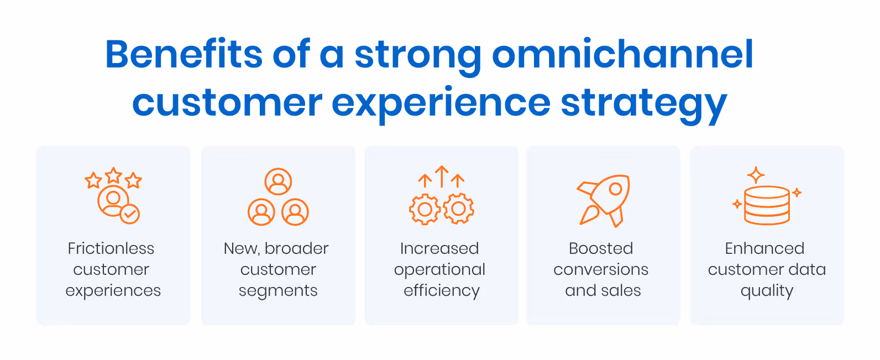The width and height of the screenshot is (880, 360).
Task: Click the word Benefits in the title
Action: click(x=184, y=54)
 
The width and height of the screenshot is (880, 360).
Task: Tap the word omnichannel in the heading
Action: click(x=622, y=54)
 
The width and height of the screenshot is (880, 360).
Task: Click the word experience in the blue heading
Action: click(x=441, y=103)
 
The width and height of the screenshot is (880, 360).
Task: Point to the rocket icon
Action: click(x=604, y=200)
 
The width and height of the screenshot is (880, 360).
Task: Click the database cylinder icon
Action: click(x=767, y=206)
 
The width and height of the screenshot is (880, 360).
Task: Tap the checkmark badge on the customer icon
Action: click(x=130, y=213)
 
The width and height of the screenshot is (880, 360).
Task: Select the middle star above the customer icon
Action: click(x=113, y=175)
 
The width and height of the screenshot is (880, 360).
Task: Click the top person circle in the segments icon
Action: click(x=278, y=181)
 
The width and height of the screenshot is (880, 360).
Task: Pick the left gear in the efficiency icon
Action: click(x=425, y=209)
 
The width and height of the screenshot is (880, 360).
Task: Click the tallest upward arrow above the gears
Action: click(x=441, y=176)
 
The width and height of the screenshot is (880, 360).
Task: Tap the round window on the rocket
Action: click(x=615, y=189)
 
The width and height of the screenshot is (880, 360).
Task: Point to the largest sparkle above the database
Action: click(x=756, y=175)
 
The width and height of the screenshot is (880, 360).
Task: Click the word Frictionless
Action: click(x=111, y=248)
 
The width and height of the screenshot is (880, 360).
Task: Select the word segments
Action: click(x=278, y=291)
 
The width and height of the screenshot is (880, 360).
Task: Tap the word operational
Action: click(x=439, y=270)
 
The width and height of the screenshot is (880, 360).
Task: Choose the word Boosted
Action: click(x=601, y=248)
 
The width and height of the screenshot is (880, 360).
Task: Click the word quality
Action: click(x=767, y=291)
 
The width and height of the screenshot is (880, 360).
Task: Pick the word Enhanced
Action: click(x=764, y=248)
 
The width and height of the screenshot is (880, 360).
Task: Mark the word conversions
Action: click(x=601, y=270)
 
